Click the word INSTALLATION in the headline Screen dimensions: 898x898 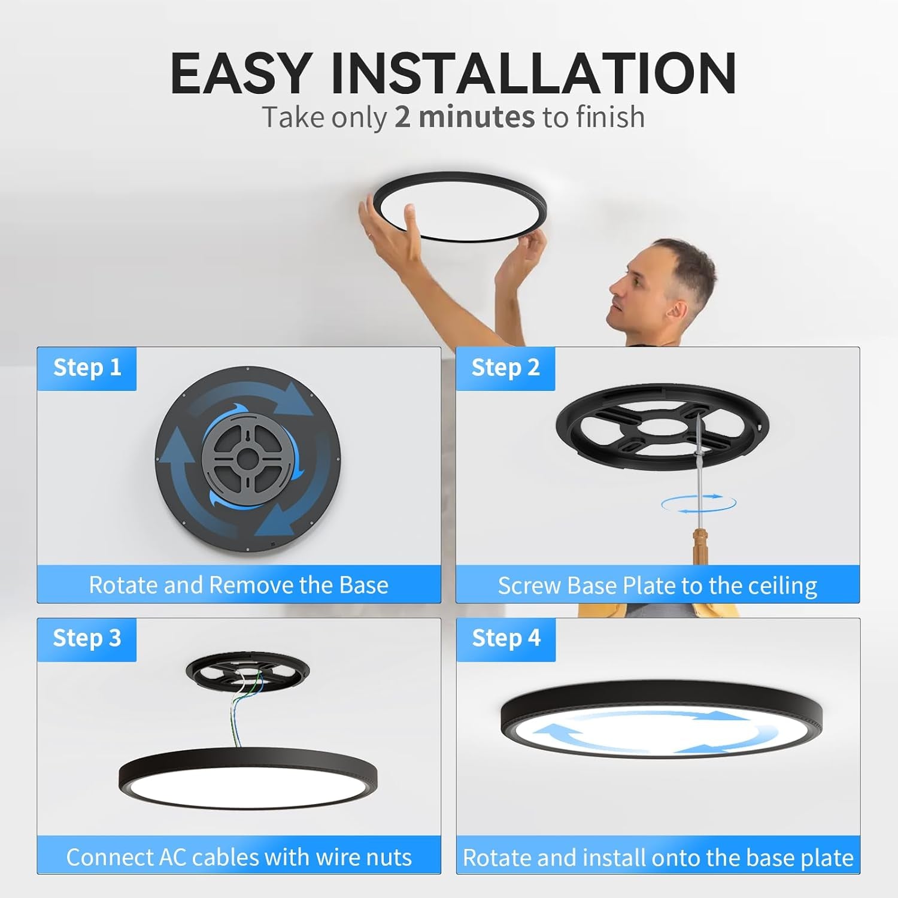pos(533,74)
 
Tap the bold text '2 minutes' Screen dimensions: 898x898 pos(464,117)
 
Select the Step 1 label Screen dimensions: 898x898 pos(87,368)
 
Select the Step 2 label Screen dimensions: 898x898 pos(505,368)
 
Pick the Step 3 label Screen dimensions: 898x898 pos(87,638)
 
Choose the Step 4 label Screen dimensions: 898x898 pos(506,638)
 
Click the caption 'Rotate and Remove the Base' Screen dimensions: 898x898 pos(238,585)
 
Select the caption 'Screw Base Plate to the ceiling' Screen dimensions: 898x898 pos(657,585)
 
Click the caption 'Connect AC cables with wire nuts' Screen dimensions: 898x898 pos(239,857)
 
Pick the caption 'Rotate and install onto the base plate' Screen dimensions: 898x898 pos(658,858)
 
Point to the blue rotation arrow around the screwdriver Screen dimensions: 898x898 pos(699,504)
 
